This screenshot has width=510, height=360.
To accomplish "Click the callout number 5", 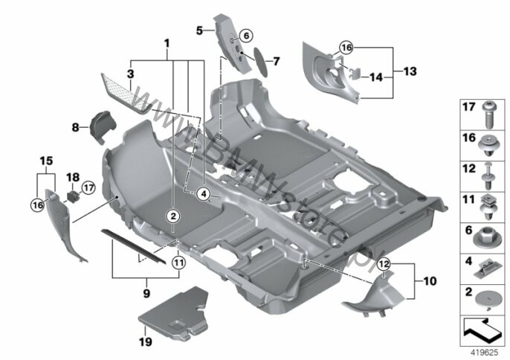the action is (x=199, y=30).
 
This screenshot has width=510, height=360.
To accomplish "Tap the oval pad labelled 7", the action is (x=260, y=62).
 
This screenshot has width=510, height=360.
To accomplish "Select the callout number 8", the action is (x=75, y=127).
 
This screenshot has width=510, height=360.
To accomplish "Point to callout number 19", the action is (x=146, y=341).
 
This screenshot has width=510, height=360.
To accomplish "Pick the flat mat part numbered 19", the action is (x=174, y=313).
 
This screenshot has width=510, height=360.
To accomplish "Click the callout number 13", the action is (x=410, y=71).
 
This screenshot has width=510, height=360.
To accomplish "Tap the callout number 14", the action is (x=375, y=77).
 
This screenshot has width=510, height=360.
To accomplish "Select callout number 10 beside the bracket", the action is (x=430, y=281).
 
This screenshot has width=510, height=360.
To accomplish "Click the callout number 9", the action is (x=146, y=293).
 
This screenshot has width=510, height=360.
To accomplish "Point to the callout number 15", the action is (x=47, y=161).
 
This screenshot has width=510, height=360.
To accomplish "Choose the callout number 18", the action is (x=73, y=177).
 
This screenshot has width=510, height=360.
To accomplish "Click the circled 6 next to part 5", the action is (x=246, y=35).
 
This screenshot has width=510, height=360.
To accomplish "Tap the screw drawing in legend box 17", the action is (x=488, y=115).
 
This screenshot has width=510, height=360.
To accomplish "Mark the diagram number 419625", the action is (x=485, y=353).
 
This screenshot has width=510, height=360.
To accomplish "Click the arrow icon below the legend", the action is (x=482, y=332).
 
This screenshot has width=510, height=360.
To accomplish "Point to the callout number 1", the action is (x=167, y=43).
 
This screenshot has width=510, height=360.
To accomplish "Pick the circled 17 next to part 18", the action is (x=88, y=188).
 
